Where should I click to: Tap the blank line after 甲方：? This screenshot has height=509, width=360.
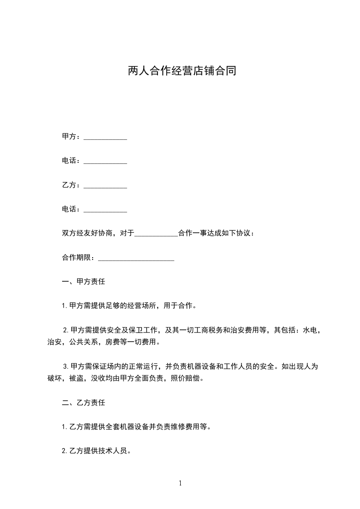click(x=105, y=137)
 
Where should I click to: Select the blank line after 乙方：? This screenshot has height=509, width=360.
click(x=105, y=186)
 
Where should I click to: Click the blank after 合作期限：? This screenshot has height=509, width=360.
click(x=136, y=258)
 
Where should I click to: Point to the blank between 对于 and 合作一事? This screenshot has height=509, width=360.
click(x=157, y=234)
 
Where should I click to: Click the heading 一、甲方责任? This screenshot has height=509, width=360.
click(x=84, y=282)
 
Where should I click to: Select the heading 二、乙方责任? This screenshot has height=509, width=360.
click(x=84, y=402)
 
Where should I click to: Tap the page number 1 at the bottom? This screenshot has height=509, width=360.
click(x=180, y=484)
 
